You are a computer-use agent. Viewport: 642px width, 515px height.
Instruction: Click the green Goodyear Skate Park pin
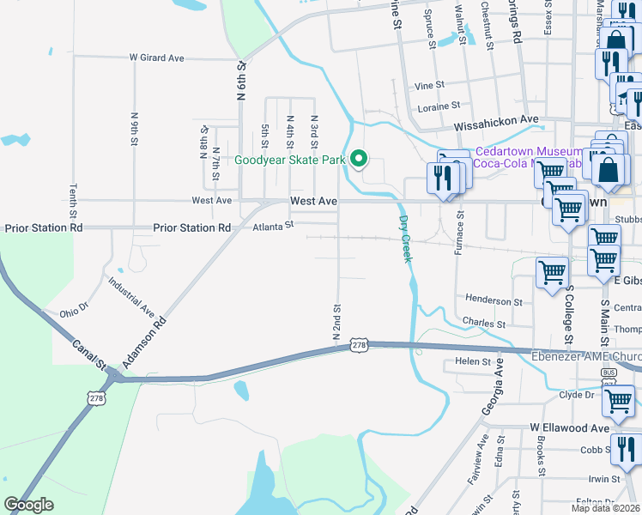point(360,159)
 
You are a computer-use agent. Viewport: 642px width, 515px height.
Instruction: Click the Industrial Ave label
point(130,295)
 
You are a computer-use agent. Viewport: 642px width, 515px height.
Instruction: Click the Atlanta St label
point(274,226)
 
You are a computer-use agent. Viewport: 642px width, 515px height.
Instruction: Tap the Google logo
point(28,505)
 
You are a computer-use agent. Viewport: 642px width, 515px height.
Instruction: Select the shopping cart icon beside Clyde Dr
point(618,399)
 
